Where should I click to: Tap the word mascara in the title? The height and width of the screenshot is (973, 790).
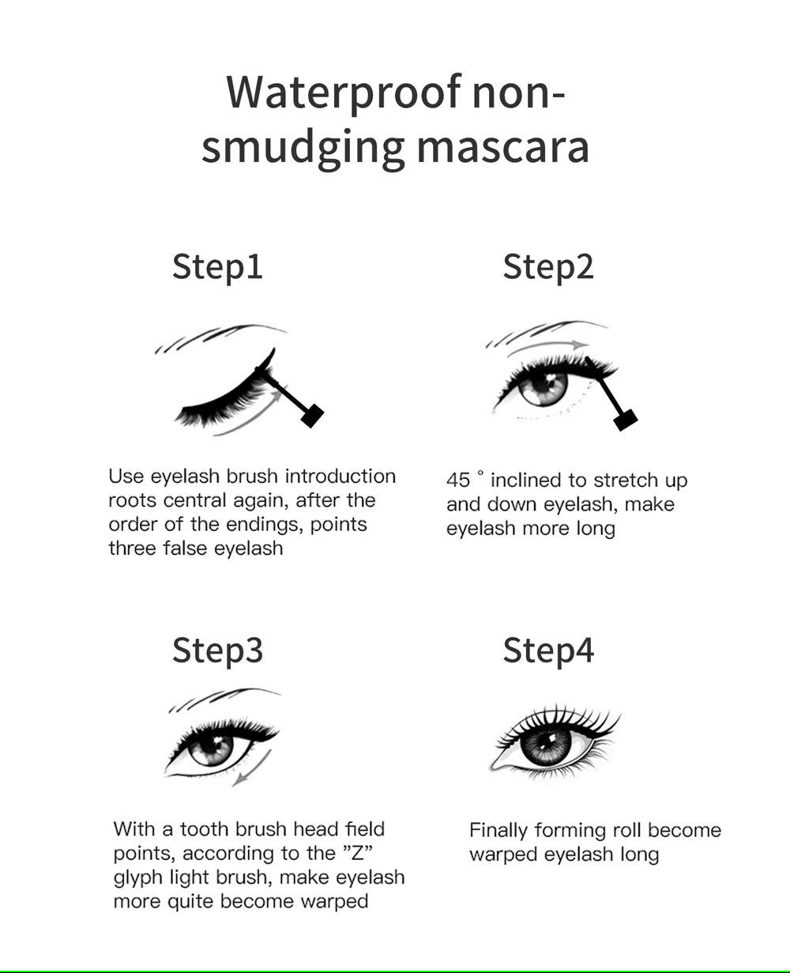(x=502, y=148)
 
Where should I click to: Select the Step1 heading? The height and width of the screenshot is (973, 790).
(x=217, y=268)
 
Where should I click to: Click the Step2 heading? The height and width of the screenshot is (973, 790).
(x=548, y=268)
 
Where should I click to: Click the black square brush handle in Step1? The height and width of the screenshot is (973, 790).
(x=312, y=416)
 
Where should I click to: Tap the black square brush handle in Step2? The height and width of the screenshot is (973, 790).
(x=626, y=420)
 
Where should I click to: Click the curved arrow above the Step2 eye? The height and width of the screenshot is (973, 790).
(x=548, y=346)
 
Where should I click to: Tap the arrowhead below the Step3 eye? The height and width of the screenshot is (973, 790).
(x=239, y=779)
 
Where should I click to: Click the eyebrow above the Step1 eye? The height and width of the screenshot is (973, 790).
(x=219, y=335)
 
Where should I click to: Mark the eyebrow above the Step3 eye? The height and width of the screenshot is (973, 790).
(x=224, y=698)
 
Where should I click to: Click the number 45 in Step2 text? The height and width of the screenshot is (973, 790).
(x=458, y=481)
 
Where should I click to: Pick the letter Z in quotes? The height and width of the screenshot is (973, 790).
(x=358, y=853)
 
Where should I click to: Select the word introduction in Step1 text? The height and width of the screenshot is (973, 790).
(x=340, y=477)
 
